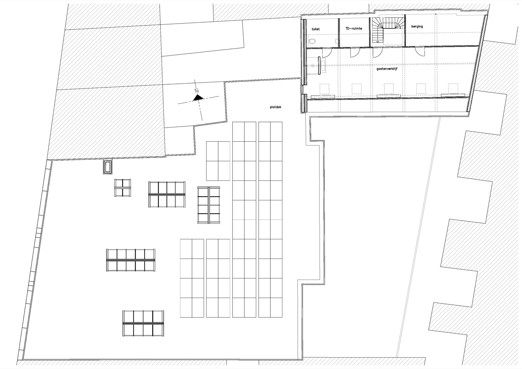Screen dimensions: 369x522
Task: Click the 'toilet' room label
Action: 316,29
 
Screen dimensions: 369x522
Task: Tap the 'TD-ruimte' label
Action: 354,28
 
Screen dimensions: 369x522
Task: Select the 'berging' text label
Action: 417,26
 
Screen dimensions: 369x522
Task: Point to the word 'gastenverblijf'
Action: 387,69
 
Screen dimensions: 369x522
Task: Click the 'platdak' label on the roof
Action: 276,107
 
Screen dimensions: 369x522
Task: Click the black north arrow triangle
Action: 198,98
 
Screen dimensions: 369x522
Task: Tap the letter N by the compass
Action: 197,91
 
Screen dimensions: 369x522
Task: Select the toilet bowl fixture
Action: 312,41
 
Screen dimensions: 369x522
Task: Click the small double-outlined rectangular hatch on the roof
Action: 108,167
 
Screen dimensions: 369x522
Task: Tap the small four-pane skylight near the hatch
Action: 122,188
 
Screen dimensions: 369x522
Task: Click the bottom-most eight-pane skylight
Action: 143,323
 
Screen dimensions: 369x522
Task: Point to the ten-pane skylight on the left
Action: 130,260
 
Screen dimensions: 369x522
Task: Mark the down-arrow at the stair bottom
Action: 377,41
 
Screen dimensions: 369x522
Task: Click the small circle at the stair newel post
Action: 400,29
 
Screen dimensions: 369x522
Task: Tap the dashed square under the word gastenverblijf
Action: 389,88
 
